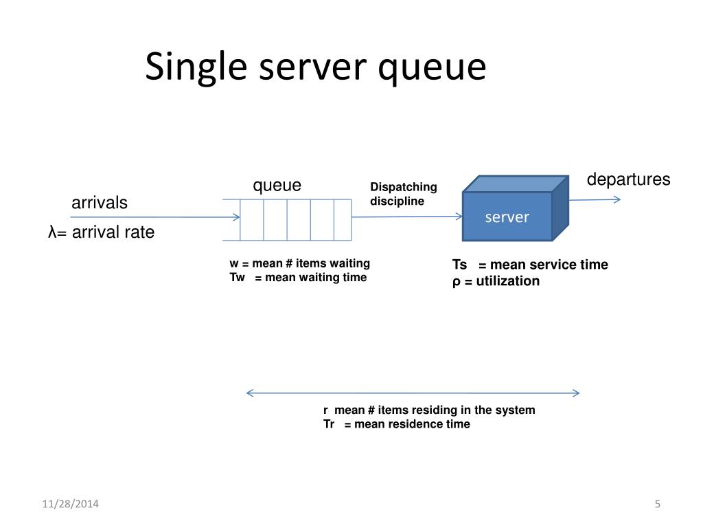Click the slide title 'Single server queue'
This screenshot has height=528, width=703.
pos(315,68)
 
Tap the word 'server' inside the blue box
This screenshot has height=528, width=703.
pos(507,217)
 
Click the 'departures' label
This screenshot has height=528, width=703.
pos(628,179)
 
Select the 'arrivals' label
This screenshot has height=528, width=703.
pos(100,203)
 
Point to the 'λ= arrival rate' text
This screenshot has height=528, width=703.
pos(102,233)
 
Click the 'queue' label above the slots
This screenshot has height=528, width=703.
pos(277,186)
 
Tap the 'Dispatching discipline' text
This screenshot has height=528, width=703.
pos(404,194)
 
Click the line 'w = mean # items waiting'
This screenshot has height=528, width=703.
pos(299,263)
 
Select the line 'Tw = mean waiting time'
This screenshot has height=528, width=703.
pos(298,278)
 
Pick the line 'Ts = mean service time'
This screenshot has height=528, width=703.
pos(529,265)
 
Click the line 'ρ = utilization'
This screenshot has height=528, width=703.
pos(496,280)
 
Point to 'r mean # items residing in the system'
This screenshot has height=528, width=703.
pos(429,410)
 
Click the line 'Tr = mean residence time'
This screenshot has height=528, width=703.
pos(397,424)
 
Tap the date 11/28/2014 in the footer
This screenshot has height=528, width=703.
pos(70,504)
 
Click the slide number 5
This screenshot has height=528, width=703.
pos(657,504)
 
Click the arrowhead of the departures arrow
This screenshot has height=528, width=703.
pos(616,199)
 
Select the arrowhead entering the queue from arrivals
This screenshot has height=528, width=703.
pos(236,217)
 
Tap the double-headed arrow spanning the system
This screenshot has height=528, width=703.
pos(413,393)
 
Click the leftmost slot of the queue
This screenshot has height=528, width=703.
pos(252,219)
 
